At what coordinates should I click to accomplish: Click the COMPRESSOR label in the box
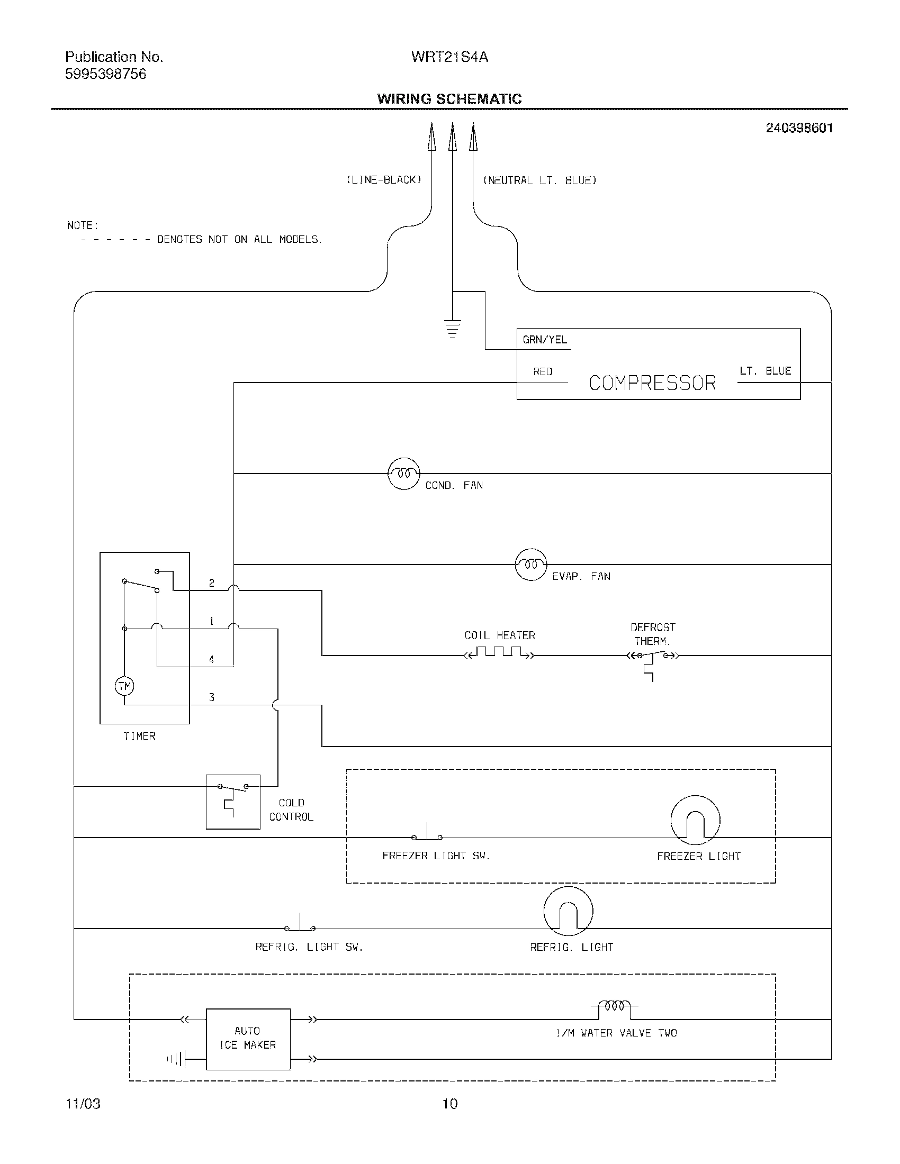coord(652,383)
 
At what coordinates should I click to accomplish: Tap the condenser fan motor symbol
coord(403,474)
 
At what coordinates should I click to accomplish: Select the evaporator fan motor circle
coord(530,565)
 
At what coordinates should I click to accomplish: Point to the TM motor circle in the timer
coord(124,686)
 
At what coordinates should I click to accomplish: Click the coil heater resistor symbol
coord(499,652)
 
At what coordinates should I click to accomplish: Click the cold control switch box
coord(233,802)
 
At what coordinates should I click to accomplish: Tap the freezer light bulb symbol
coord(695,820)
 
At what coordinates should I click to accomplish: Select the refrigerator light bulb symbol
coord(568,912)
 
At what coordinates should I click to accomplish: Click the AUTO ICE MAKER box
coord(248,1039)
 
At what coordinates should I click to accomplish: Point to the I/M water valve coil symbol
coord(614,1007)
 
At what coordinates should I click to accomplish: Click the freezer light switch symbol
coord(427,834)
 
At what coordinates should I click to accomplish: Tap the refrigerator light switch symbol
coord(300,926)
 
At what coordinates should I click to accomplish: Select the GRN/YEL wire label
coord(544,340)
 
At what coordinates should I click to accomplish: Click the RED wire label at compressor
coord(543,372)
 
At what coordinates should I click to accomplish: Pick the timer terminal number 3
coord(212,698)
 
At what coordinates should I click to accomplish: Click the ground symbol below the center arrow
coord(452,329)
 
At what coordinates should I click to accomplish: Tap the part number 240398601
coord(799,128)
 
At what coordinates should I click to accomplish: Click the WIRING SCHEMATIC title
coord(449,99)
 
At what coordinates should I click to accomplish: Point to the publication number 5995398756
coord(105,74)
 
